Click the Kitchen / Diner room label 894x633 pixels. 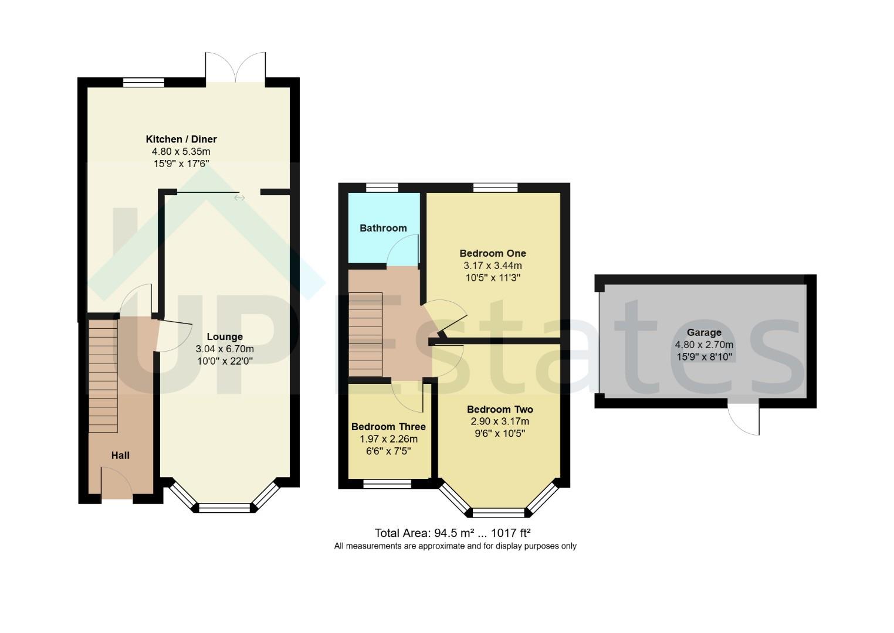pyautogui.click(x=181, y=139)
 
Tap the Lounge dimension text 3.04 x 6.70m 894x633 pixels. pyautogui.click(x=225, y=349)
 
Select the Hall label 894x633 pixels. pyautogui.click(x=120, y=455)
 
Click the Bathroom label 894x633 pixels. pyautogui.click(x=383, y=228)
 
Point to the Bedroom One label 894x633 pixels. pyautogui.click(x=492, y=253)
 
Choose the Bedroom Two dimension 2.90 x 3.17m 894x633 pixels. pyautogui.click(x=499, y=421)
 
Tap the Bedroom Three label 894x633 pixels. pyautogui.click(x=388, y=427)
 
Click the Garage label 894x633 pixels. pyautogui.click(x=704, y=332)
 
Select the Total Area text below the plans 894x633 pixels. pyautogui.click(x=452, y=533)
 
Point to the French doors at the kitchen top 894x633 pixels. pyautogui.click(x=235, y=68)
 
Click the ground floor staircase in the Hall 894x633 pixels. pyautogui.click(x=103, y=375)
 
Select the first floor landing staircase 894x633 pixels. pyautogui.click(x=365, y=334)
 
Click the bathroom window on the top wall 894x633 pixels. pyautogui.click(x=382, y=188)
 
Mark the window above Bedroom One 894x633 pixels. pyautogui.click(x=495, y=188)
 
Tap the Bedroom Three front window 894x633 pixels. pyautogui.click(x=387, y=484)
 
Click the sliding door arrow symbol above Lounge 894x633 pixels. pyautogui.click(x=239, y=198)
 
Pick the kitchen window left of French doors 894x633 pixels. pyautogui.click(x=144, y=83)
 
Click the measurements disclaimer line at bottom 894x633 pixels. pyautogui.click(x=455, y=546)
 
